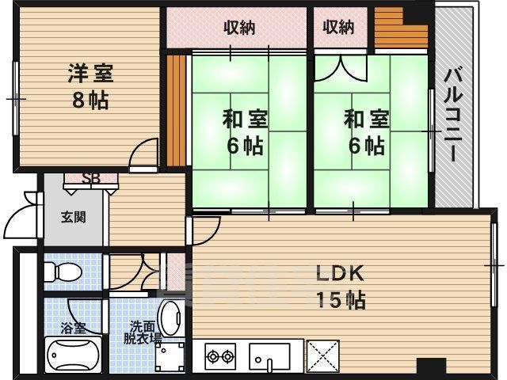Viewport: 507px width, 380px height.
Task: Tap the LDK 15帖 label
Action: (x=341, y=287)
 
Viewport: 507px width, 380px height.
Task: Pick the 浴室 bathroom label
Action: (x=72, y=327)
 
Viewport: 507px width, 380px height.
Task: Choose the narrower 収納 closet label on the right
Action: (x=338, y=28)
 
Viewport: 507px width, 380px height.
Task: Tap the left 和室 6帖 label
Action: (x=245, y=132)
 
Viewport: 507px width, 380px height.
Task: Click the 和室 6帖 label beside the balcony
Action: (x=366, y=132)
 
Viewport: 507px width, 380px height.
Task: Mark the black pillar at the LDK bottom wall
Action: (x=431, y=368)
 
